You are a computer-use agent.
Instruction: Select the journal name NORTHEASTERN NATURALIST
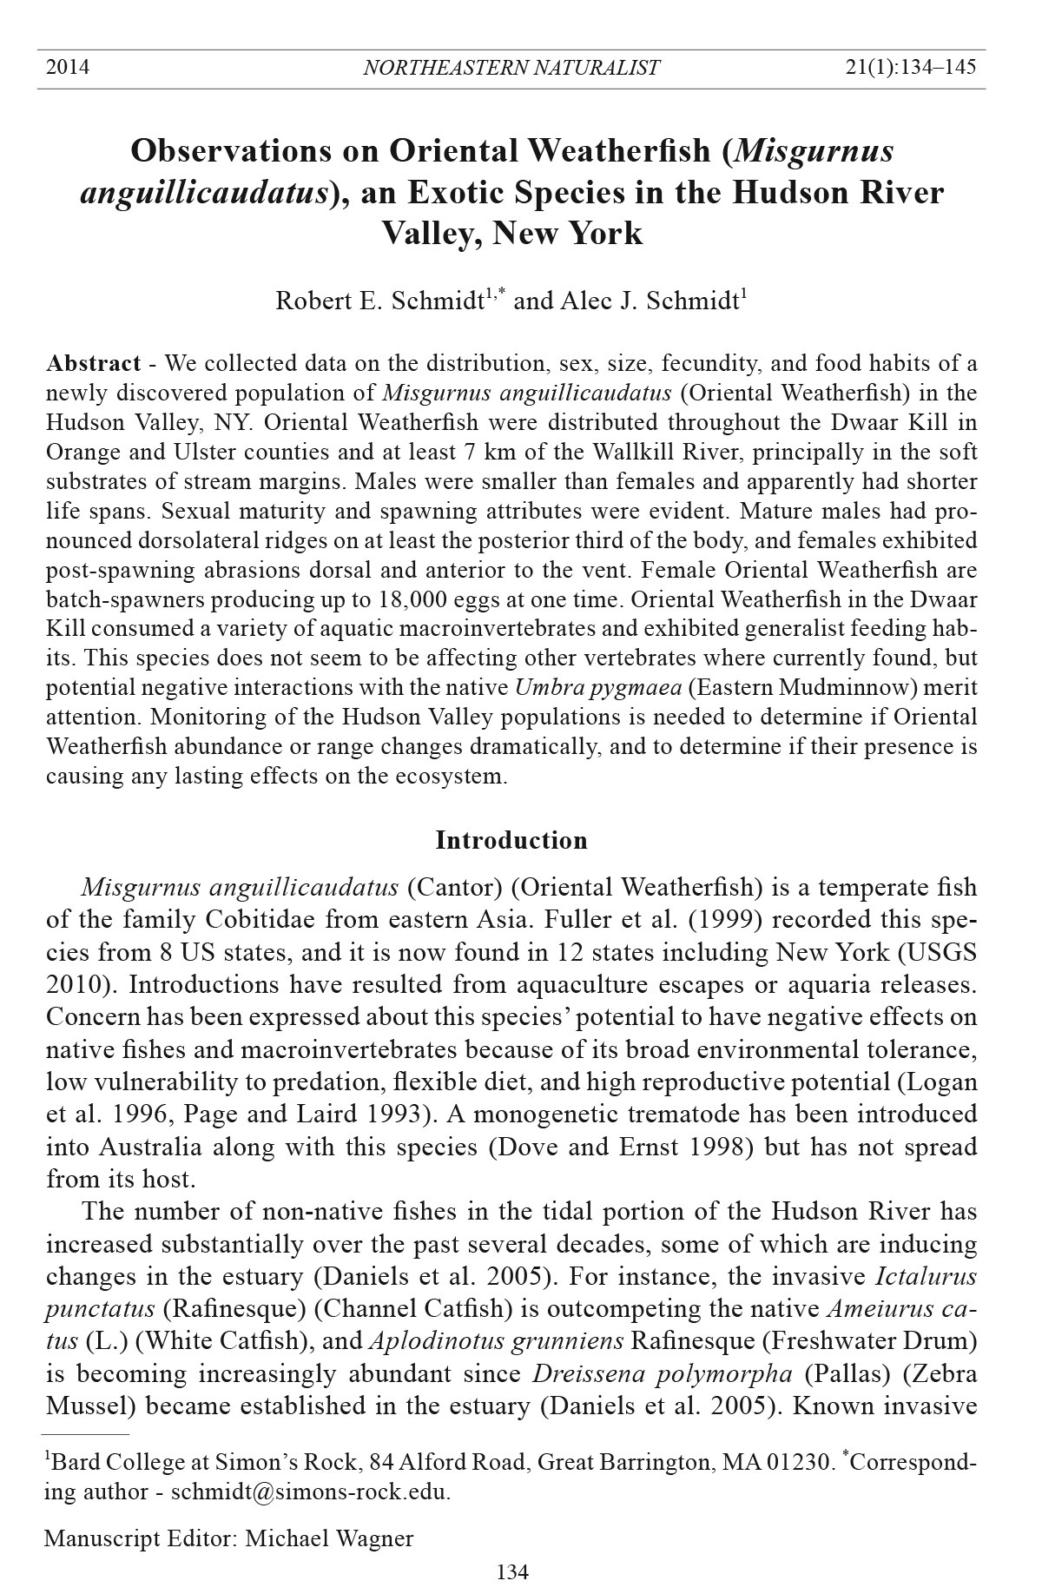[x=511, y=68]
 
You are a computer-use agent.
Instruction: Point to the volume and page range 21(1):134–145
[x=910, y=68]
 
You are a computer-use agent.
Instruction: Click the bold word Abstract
[x=94, y=363]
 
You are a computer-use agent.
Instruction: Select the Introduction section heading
[x=511, y=841]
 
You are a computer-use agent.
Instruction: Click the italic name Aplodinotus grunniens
[x=497, y=1341]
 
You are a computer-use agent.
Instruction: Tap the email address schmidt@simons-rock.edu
[x=310, y=1492]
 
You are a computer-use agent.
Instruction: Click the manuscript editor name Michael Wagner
[x=329, y=1538]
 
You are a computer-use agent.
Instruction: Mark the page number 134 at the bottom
[x=512, y=1571]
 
